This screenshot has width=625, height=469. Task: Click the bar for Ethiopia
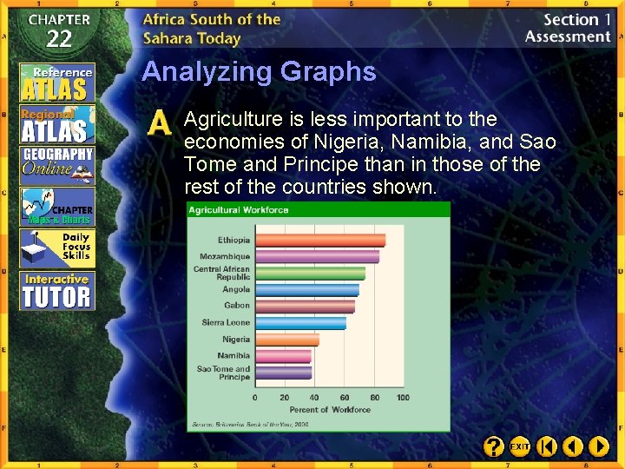tap(319, 241)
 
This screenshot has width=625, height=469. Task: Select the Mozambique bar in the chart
tap(317, 257)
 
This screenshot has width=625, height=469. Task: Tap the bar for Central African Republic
tap(310, 273)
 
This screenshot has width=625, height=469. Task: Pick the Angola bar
tap(306, 290)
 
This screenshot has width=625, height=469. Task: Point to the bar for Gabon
tap(305, 307)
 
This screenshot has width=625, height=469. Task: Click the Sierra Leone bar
tap(300, 323)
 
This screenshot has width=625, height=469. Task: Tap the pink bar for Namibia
tap(283, 356)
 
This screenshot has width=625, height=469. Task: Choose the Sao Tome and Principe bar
tap(283, 373)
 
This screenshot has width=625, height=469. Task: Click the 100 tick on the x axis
tap(403, 398)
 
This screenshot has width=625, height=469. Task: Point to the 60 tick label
tap(344, 398)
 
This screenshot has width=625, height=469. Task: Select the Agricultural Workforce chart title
tap(239, 210)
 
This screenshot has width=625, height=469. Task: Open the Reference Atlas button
tap(57, 82)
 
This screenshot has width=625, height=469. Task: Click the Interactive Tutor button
tap(57, 291)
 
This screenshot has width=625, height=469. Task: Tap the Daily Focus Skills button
tap(57, 248)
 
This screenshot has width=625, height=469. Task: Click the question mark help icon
tap(493, 446)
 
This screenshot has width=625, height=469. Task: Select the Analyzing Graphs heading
tap(259, 71)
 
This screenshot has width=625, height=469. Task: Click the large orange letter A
tap(160, 123)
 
